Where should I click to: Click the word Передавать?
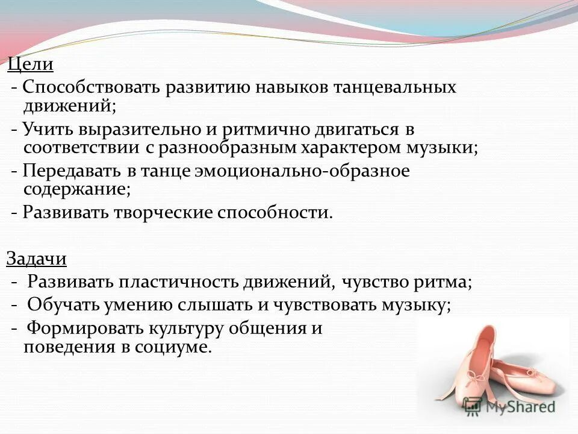click(73, 171)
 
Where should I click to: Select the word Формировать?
click(82, 329)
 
